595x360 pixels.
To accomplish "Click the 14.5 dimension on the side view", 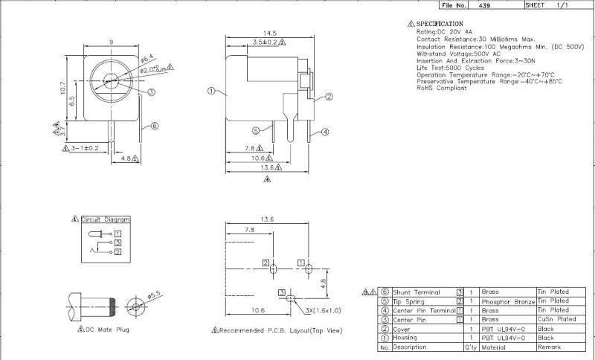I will tap(270, 33).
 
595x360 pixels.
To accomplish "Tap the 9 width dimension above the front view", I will tap(111, 42).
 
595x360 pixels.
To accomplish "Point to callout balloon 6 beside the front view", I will tap(154, 126).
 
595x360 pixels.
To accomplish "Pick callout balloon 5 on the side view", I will tap(255, 129).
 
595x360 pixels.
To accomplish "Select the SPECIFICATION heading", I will tap(445, 24).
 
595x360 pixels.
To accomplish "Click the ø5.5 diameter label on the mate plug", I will tap(155, 296).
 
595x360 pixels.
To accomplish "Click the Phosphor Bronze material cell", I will tap(508, 301).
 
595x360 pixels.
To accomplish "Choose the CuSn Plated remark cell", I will tap(556, 319).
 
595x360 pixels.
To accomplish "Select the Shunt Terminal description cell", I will tap(417, 292).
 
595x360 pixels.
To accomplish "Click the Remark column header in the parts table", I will tap(548, 347).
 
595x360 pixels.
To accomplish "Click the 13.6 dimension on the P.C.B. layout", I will tap(268, 219).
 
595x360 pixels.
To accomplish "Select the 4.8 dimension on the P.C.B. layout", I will tap(322, 283).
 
